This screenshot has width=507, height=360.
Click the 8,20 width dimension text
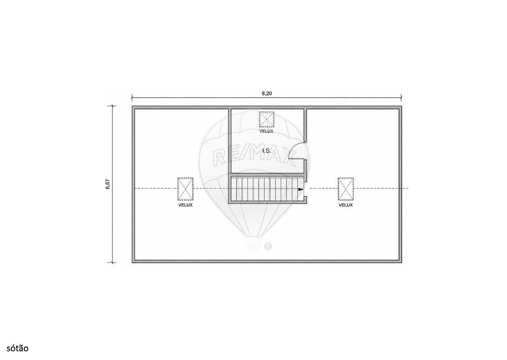267,94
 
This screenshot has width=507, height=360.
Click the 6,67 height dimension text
108,184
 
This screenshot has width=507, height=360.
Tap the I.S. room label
266,151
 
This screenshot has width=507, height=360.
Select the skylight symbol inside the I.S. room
266,120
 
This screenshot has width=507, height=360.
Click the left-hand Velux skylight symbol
185,189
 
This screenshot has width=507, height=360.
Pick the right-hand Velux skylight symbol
345,189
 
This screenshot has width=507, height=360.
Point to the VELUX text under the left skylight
185,205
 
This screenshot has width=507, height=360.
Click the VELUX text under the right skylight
345,205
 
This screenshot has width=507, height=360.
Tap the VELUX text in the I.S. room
266,131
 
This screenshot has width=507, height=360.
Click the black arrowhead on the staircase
301,189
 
